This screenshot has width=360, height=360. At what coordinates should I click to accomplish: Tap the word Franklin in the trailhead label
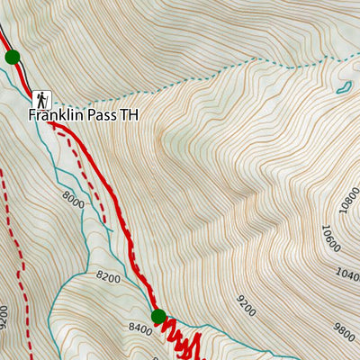click(52, 116)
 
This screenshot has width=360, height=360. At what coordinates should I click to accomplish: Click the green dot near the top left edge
click(12, 58)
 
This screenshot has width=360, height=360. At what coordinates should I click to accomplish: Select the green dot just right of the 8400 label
click(158, 316)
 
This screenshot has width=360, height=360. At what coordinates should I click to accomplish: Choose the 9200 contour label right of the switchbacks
click(246, 304)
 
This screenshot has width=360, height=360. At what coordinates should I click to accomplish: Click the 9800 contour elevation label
click(343, 332)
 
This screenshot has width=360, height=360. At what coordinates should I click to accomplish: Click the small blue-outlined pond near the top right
click(343, 87)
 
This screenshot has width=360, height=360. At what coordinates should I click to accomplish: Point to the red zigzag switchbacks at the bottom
click(180, 340)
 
